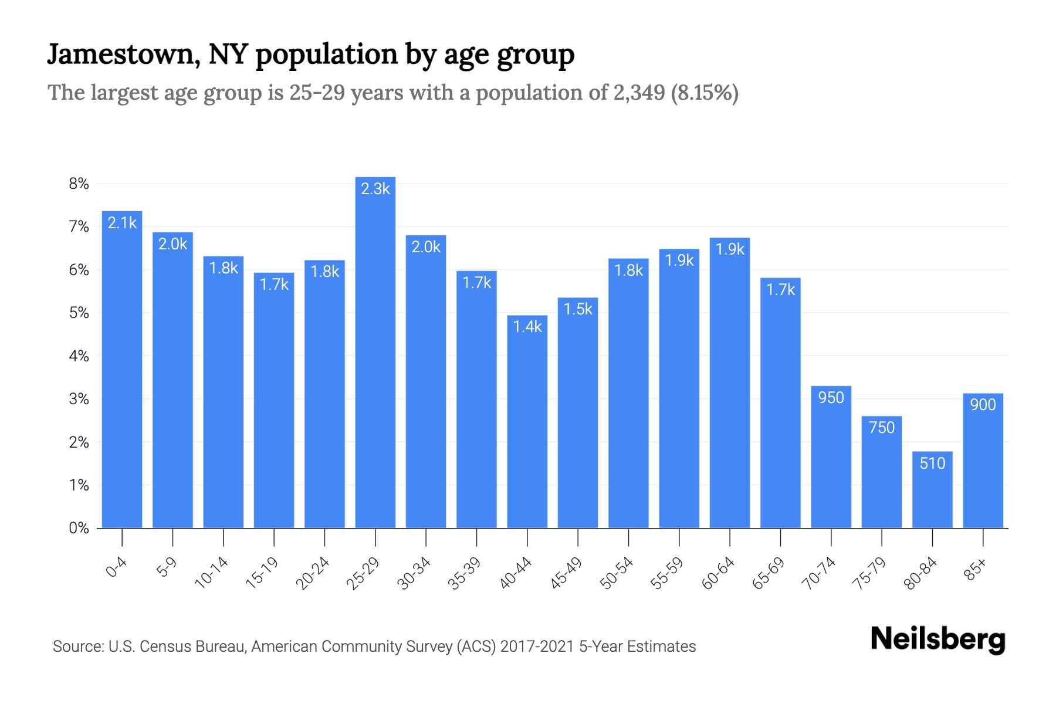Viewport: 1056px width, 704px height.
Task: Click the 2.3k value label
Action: point(375,189)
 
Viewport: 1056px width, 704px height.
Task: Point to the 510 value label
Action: point(932,463)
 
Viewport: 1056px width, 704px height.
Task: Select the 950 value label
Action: point(831,398)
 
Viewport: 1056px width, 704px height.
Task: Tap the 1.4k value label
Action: point(527,327)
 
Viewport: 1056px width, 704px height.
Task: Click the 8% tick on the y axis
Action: point(79,184)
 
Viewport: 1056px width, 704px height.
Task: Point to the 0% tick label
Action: point(79,528)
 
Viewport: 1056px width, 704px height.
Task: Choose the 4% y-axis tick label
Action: point(79,356)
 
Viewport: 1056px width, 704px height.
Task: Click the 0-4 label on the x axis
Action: point(116,568)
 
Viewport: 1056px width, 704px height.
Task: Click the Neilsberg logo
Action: point(937,639)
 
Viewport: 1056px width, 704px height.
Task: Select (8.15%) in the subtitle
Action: point(704,93)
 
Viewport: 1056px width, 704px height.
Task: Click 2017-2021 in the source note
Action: point(537,647)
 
